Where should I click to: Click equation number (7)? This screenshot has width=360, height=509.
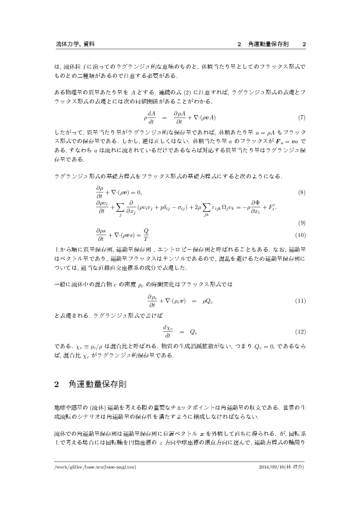301,118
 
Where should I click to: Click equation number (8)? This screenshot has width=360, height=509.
301,192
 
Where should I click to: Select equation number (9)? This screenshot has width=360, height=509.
301,223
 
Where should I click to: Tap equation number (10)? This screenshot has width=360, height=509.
300,236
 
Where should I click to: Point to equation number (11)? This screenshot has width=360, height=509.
300,301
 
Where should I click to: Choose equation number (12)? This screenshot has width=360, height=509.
300,332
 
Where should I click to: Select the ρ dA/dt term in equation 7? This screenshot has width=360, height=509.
149,118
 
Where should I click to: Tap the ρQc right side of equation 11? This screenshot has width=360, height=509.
207,301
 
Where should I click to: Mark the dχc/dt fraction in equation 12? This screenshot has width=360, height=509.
167,332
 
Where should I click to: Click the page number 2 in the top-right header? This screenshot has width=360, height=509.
304,44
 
